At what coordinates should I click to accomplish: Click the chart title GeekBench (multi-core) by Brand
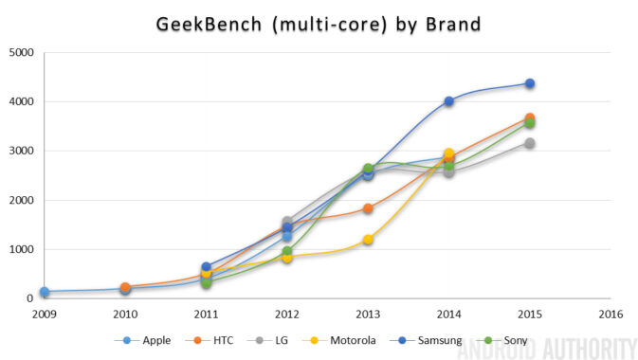(x=319, y=22)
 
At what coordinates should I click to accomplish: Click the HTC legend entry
(x=220, y=339)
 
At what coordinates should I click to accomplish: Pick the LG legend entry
(x=281, y=339)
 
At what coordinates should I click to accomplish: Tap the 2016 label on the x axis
(x=610, y=313)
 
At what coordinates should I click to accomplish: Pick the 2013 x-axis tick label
(x=367, y=313)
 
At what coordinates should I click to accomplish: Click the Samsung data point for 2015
(x=529, y=84)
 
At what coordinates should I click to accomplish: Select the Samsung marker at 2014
(x=448, y=101)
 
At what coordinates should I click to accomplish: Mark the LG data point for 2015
(x=529, y=143)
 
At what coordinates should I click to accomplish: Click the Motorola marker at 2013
(x=367, y=240)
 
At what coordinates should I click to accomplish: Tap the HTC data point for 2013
(x=367, y=208)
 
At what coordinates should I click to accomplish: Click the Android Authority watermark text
(x=544, y=349)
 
